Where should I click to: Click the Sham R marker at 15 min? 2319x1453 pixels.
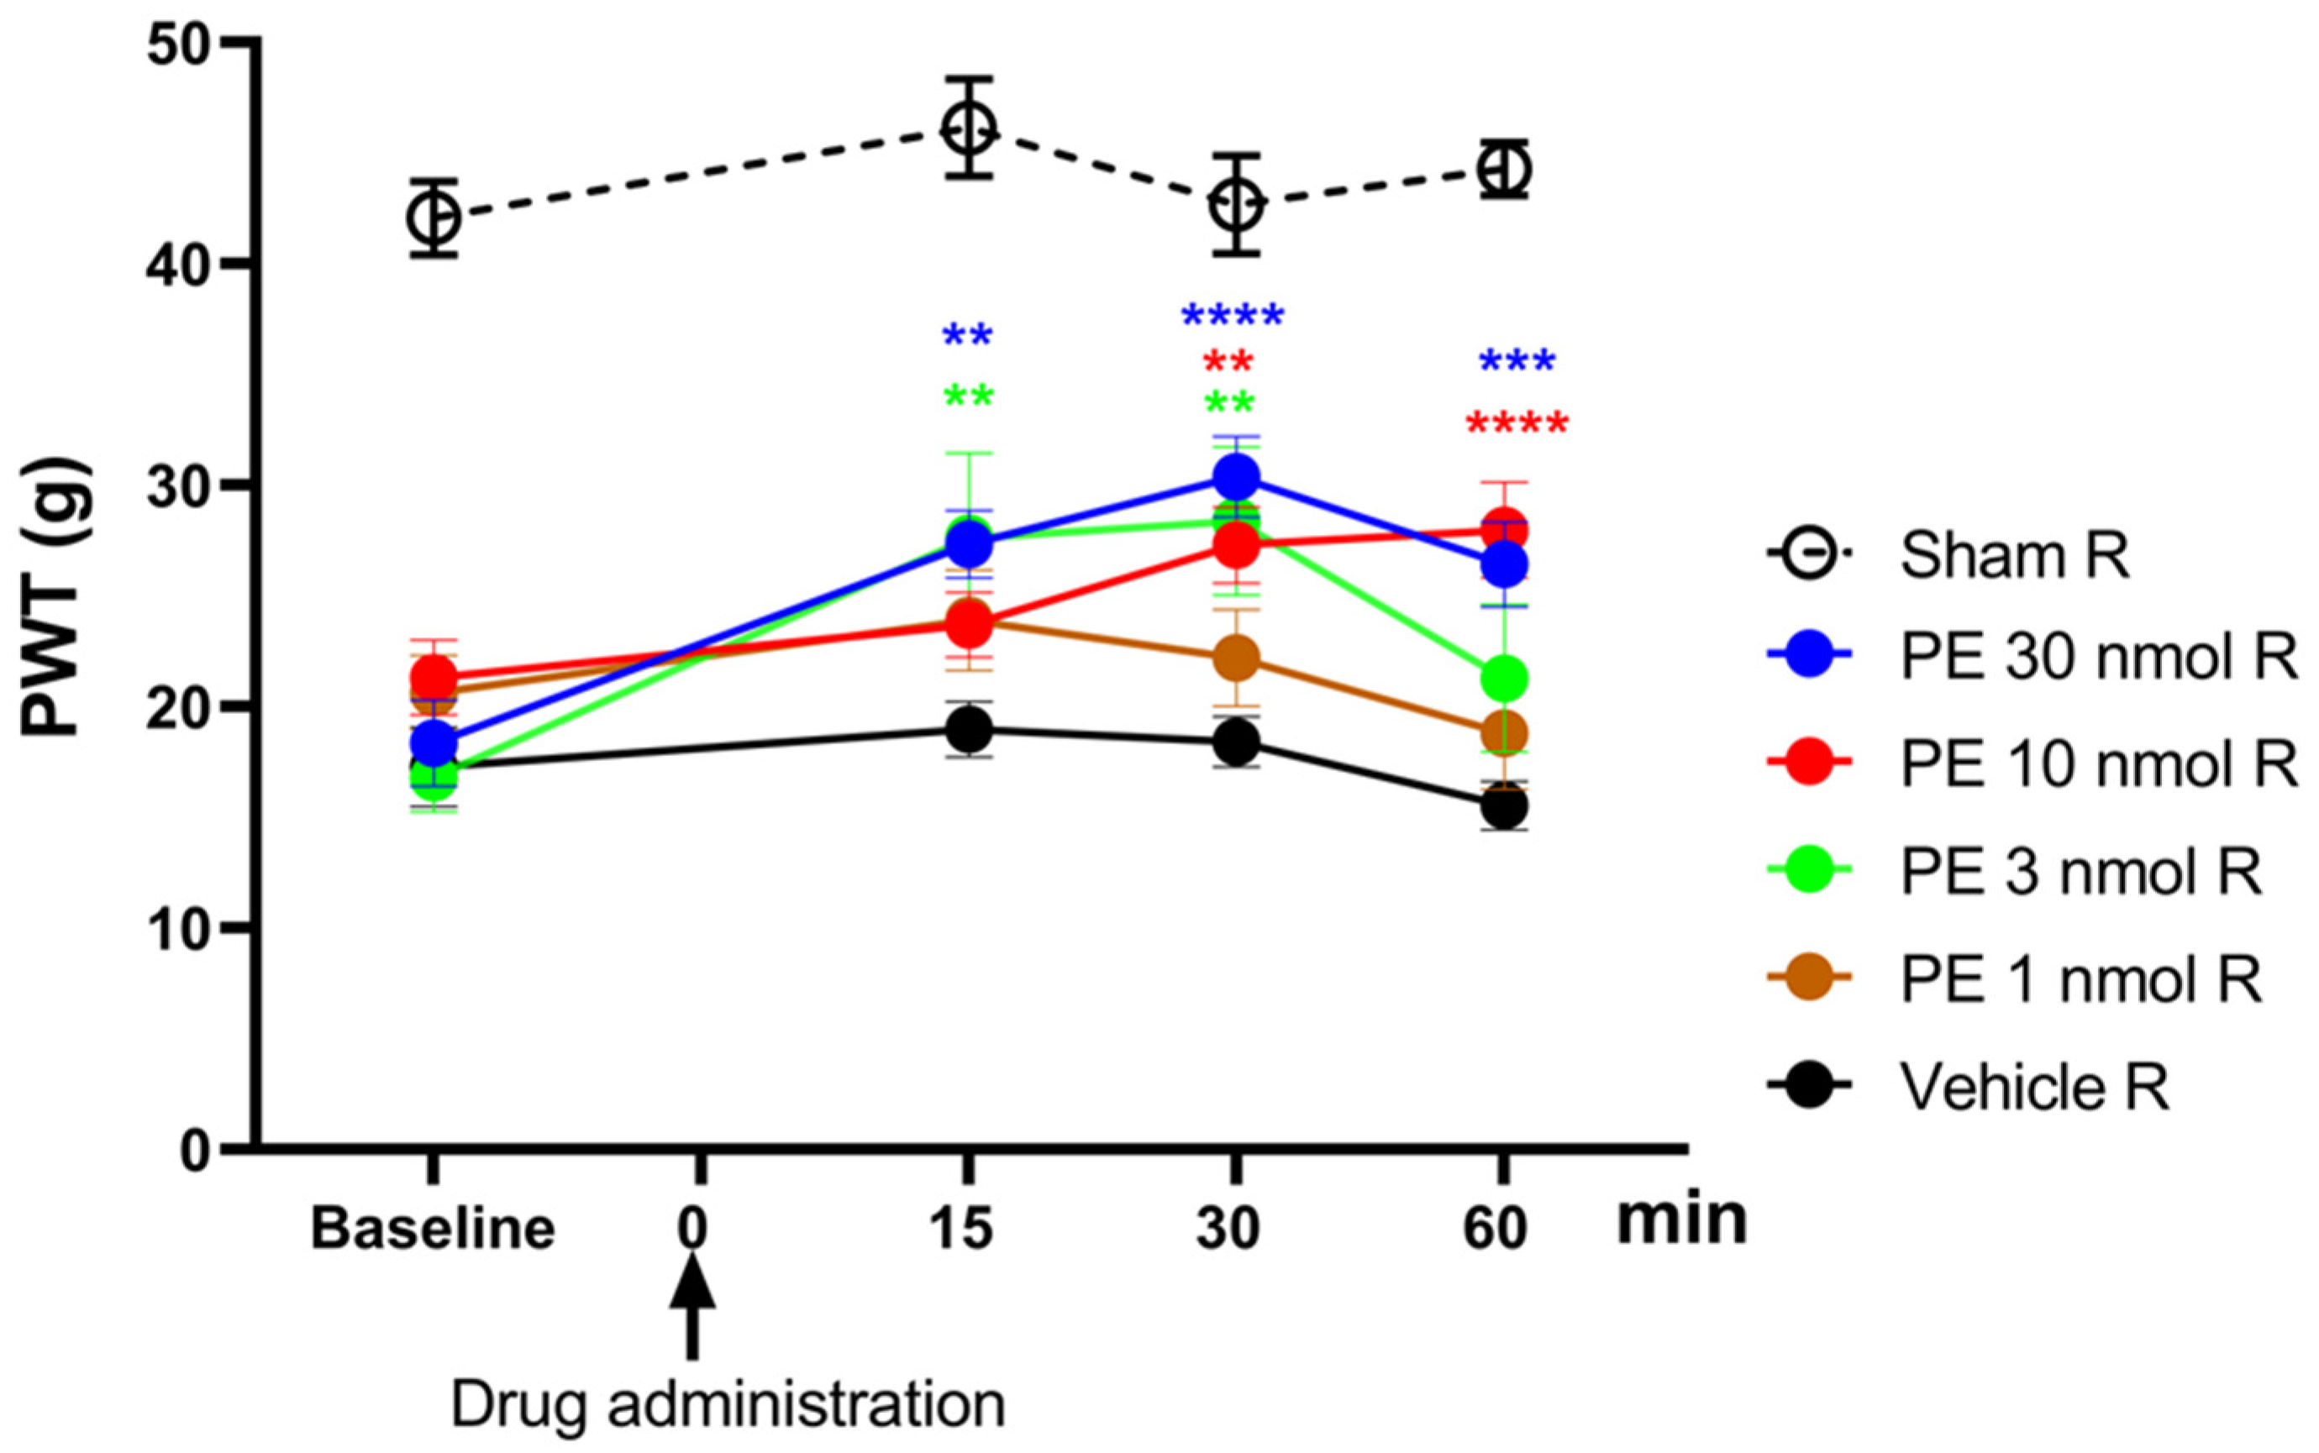968,127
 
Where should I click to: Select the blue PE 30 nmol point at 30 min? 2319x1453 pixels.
1236,475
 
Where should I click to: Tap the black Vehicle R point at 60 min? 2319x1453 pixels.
1504,807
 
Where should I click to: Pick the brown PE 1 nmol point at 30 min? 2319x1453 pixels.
1236,658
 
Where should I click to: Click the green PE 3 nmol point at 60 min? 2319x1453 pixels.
1504,679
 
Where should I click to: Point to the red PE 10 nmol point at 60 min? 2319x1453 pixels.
1504,531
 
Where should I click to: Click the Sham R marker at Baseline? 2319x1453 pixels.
434,218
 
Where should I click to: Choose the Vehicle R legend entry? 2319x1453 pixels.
2033,1087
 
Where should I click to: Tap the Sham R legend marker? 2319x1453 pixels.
1811,554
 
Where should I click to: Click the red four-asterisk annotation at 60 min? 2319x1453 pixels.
1517,425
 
